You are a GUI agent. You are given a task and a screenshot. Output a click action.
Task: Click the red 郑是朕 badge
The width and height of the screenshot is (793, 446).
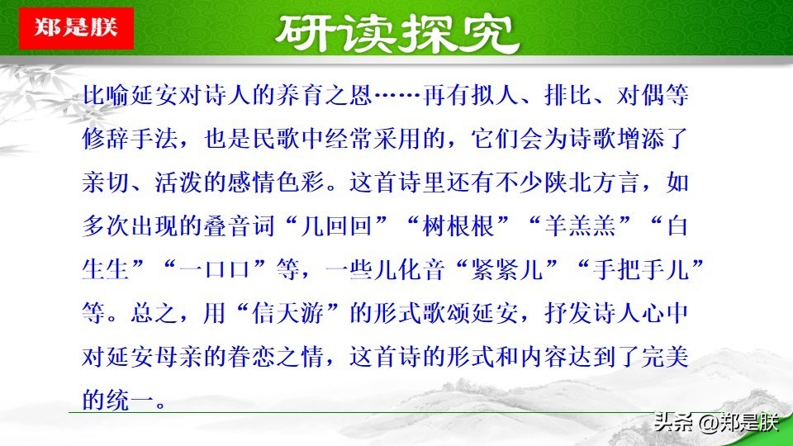[x=76, y=28]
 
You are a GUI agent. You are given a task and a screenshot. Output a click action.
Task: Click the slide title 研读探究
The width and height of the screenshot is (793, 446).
[x=397, y=34]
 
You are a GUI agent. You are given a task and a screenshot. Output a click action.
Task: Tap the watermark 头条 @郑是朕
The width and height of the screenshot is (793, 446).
[x=715, y=422]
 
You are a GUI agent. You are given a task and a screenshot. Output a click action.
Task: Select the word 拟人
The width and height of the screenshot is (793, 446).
[x=496, y=95]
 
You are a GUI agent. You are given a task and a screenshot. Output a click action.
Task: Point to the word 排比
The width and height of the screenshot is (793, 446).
[x=568, y=95]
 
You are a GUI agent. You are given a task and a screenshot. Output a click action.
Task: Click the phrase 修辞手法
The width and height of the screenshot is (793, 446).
[x=130, y=139]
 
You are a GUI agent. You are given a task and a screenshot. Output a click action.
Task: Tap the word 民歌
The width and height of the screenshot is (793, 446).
[x=277, y=139]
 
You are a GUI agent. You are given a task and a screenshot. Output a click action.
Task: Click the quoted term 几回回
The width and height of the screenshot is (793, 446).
[x=338, y=225]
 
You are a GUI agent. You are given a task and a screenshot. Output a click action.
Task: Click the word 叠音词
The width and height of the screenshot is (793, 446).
[x=240, y=225]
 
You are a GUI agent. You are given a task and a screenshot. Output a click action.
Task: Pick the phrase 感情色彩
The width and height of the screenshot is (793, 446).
[x=277, y=182]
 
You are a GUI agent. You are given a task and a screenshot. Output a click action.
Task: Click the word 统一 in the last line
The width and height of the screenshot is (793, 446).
[x=130, y=400]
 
